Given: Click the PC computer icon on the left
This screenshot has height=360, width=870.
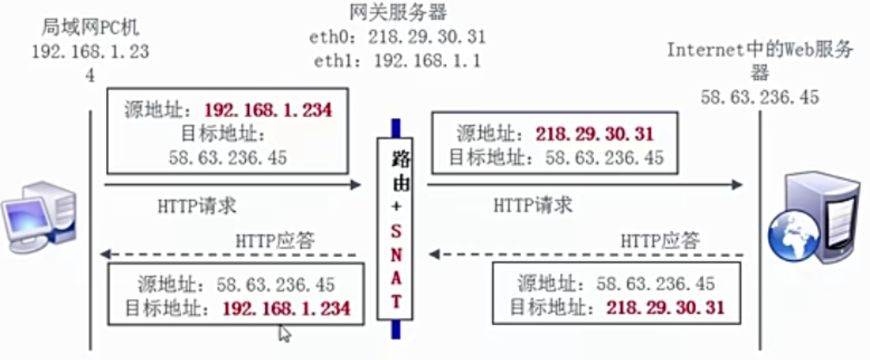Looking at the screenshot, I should [x=37, y=217].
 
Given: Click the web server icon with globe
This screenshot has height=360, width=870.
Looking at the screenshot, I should [x=816, y=220].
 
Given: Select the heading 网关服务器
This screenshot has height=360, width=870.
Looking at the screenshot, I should [x=394, y=13].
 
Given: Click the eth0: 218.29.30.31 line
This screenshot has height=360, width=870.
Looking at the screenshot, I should [x=394, y=37].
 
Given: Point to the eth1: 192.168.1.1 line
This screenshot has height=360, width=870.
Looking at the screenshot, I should [x=394, y=60].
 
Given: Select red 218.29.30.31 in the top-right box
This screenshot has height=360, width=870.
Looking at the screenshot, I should [x=594, y=134].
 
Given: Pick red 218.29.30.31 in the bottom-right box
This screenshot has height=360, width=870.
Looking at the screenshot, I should [x=665, y=307].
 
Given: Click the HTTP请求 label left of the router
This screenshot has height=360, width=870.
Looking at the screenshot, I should [x=198, y=205].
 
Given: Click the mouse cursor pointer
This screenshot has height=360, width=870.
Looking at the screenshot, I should [x=284, y=333].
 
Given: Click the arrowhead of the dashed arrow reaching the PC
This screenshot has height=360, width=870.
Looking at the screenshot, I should [x=107, y=255].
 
